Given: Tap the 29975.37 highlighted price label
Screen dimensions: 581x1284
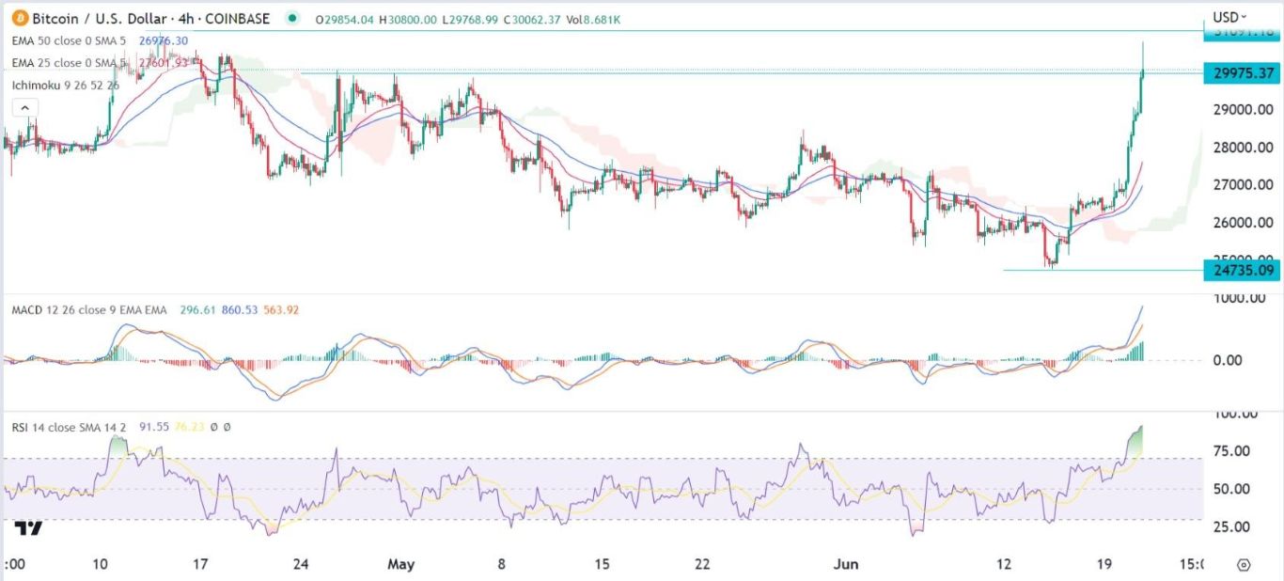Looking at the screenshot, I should (1243, 73).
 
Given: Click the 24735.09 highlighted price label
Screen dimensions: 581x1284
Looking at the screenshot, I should (1243, 271).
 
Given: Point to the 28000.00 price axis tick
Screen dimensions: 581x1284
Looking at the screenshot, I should (1243, 148).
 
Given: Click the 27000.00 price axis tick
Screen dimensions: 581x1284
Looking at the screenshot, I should (1243, 185).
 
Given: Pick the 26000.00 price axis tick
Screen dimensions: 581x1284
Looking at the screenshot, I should (1243, 223).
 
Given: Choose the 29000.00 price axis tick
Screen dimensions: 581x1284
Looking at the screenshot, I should (1243, 110).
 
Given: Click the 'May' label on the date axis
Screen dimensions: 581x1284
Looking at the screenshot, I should (401, 564).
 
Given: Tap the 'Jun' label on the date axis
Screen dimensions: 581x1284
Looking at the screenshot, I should (849, 564).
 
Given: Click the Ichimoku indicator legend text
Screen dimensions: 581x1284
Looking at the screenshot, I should (66, 85).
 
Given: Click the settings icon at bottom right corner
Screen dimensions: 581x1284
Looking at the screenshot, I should (1244, 565).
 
